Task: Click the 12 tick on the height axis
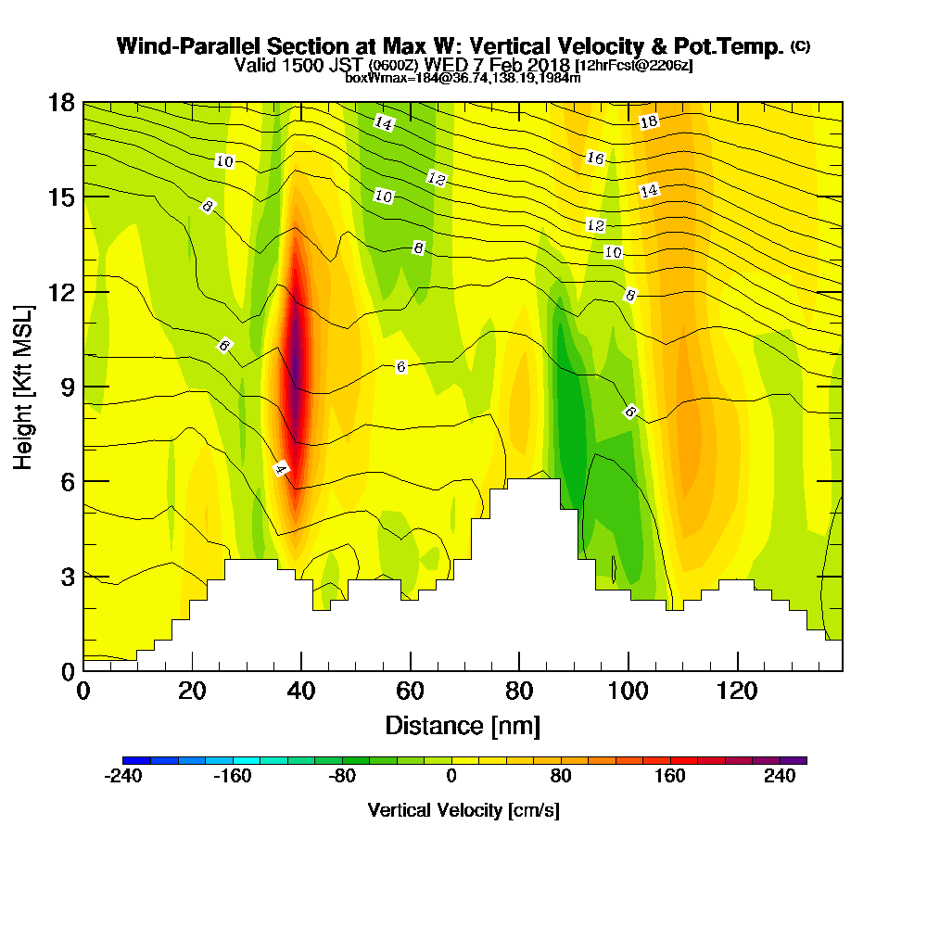pos(60,292)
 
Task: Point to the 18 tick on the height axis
pos(60,102)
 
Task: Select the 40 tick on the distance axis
pos(301,691)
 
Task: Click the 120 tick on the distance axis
pos(737,691)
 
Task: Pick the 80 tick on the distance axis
pos(519,691)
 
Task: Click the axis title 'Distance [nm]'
pos(463,724)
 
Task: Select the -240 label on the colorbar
pos(123,777)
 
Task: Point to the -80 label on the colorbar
pos(342,777)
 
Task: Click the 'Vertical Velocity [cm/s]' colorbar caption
pos(463,810)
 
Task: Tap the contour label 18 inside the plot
pos(649,121)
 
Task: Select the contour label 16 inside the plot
pos(595,159)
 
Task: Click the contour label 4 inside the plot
pos(281,469)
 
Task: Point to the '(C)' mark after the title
pos(800,46)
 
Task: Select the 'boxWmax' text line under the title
pos(463,78)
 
